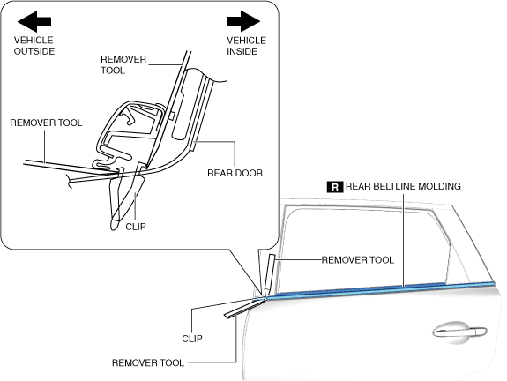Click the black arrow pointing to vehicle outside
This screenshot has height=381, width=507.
tap(34, 21)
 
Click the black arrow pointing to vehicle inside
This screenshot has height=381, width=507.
tap(243, 21)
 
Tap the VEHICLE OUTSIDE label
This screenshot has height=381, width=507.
tap(34, 46)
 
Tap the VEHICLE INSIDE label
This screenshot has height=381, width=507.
tap(246, 46)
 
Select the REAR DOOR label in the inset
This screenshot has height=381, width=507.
tap(235, 173)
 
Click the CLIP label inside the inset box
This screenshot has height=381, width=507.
tap(136, 227)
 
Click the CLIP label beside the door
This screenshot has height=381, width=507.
tap(192, 339)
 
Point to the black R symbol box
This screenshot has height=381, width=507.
tap(335, 187)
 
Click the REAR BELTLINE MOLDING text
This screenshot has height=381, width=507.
tap(403, 186)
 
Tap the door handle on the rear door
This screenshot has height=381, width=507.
tap(459, 332)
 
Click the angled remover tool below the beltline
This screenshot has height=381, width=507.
tap(244, 308)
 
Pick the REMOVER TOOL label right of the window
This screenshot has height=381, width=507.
tap(358, 260)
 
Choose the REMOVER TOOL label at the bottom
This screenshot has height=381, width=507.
tap(148, 362)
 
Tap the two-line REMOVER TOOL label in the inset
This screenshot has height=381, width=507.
tap(123, 64)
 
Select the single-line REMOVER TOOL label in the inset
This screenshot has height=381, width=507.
tap(46, 123)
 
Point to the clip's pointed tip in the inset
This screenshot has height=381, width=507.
tap(114, 225)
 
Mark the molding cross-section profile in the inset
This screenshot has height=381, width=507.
tap(130, 136)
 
